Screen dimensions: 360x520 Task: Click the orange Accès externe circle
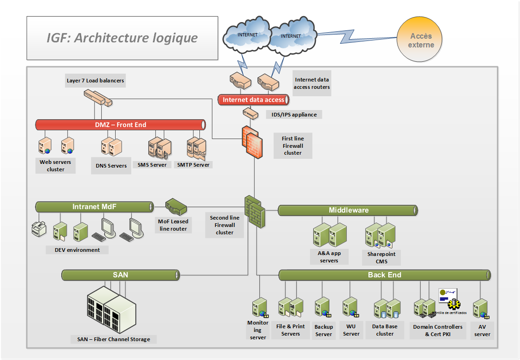point(421,41)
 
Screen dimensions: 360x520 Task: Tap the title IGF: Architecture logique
point(122,38)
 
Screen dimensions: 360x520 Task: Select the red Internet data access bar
point(254,100)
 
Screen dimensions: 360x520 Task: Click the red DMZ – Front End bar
point(121,125)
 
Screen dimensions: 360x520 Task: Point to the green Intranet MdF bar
point(94,207)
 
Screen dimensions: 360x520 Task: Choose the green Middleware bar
point(348,210)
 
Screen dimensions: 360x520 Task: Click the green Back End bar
point(385,275)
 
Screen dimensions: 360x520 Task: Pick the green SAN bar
point(121,275)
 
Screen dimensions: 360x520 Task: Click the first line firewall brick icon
point(252,141)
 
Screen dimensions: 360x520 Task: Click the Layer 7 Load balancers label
point(95,81)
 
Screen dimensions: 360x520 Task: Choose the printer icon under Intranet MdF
point(38,228)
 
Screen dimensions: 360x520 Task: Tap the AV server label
point(482,331)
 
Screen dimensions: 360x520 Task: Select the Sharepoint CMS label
point(381,258)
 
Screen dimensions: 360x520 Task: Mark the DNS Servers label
point(111,166)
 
